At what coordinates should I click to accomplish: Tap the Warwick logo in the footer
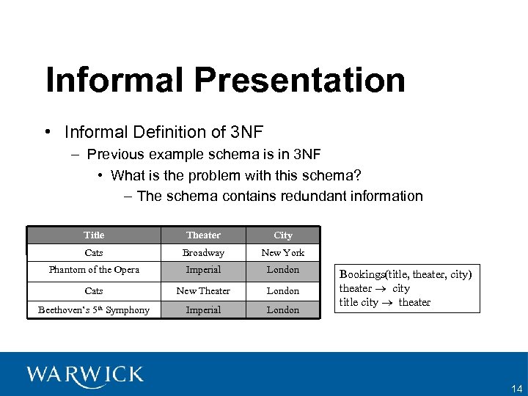click(x=85, y=375)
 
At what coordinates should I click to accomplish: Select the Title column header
click(x=94, y=235)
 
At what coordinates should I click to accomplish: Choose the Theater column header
click(x=203, y=235)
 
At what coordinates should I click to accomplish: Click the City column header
click(x=283, y=235)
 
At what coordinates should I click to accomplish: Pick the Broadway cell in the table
click(x=203, y=252)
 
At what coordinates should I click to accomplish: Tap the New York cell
click(x=283, y=252)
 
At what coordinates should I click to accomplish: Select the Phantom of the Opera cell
click(x=94, y=270)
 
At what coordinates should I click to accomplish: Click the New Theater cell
click(x=203, y=290)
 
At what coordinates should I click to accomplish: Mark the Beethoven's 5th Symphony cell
click(x=94, y=309)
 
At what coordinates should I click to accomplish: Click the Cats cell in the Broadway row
click(x=94, y=252)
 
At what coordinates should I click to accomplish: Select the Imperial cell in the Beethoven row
click(x=203, y=309)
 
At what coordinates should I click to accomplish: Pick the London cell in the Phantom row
click(x=283, y=270)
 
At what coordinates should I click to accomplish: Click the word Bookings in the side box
click(x=362, y=274)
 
